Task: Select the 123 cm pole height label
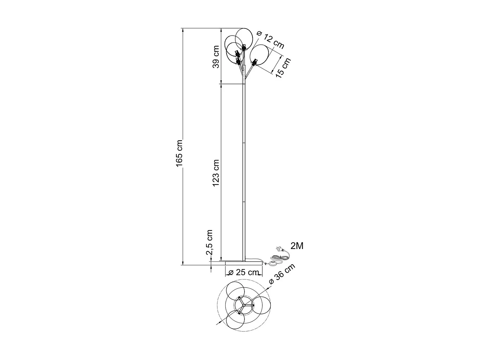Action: point(216,173)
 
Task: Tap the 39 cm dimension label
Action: point(216,57)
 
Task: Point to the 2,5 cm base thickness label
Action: point(210,242)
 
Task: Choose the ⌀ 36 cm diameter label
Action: point(282,274)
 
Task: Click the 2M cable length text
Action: point(297,246)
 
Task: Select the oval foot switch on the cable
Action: point(273,263)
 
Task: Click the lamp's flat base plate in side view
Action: point(244,263)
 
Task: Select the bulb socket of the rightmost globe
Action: point(254,62)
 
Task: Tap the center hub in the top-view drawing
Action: point(244,305)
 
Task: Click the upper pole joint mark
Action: point(244,142)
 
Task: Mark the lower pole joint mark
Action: point(244,202)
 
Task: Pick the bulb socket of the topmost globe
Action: point(244,48)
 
